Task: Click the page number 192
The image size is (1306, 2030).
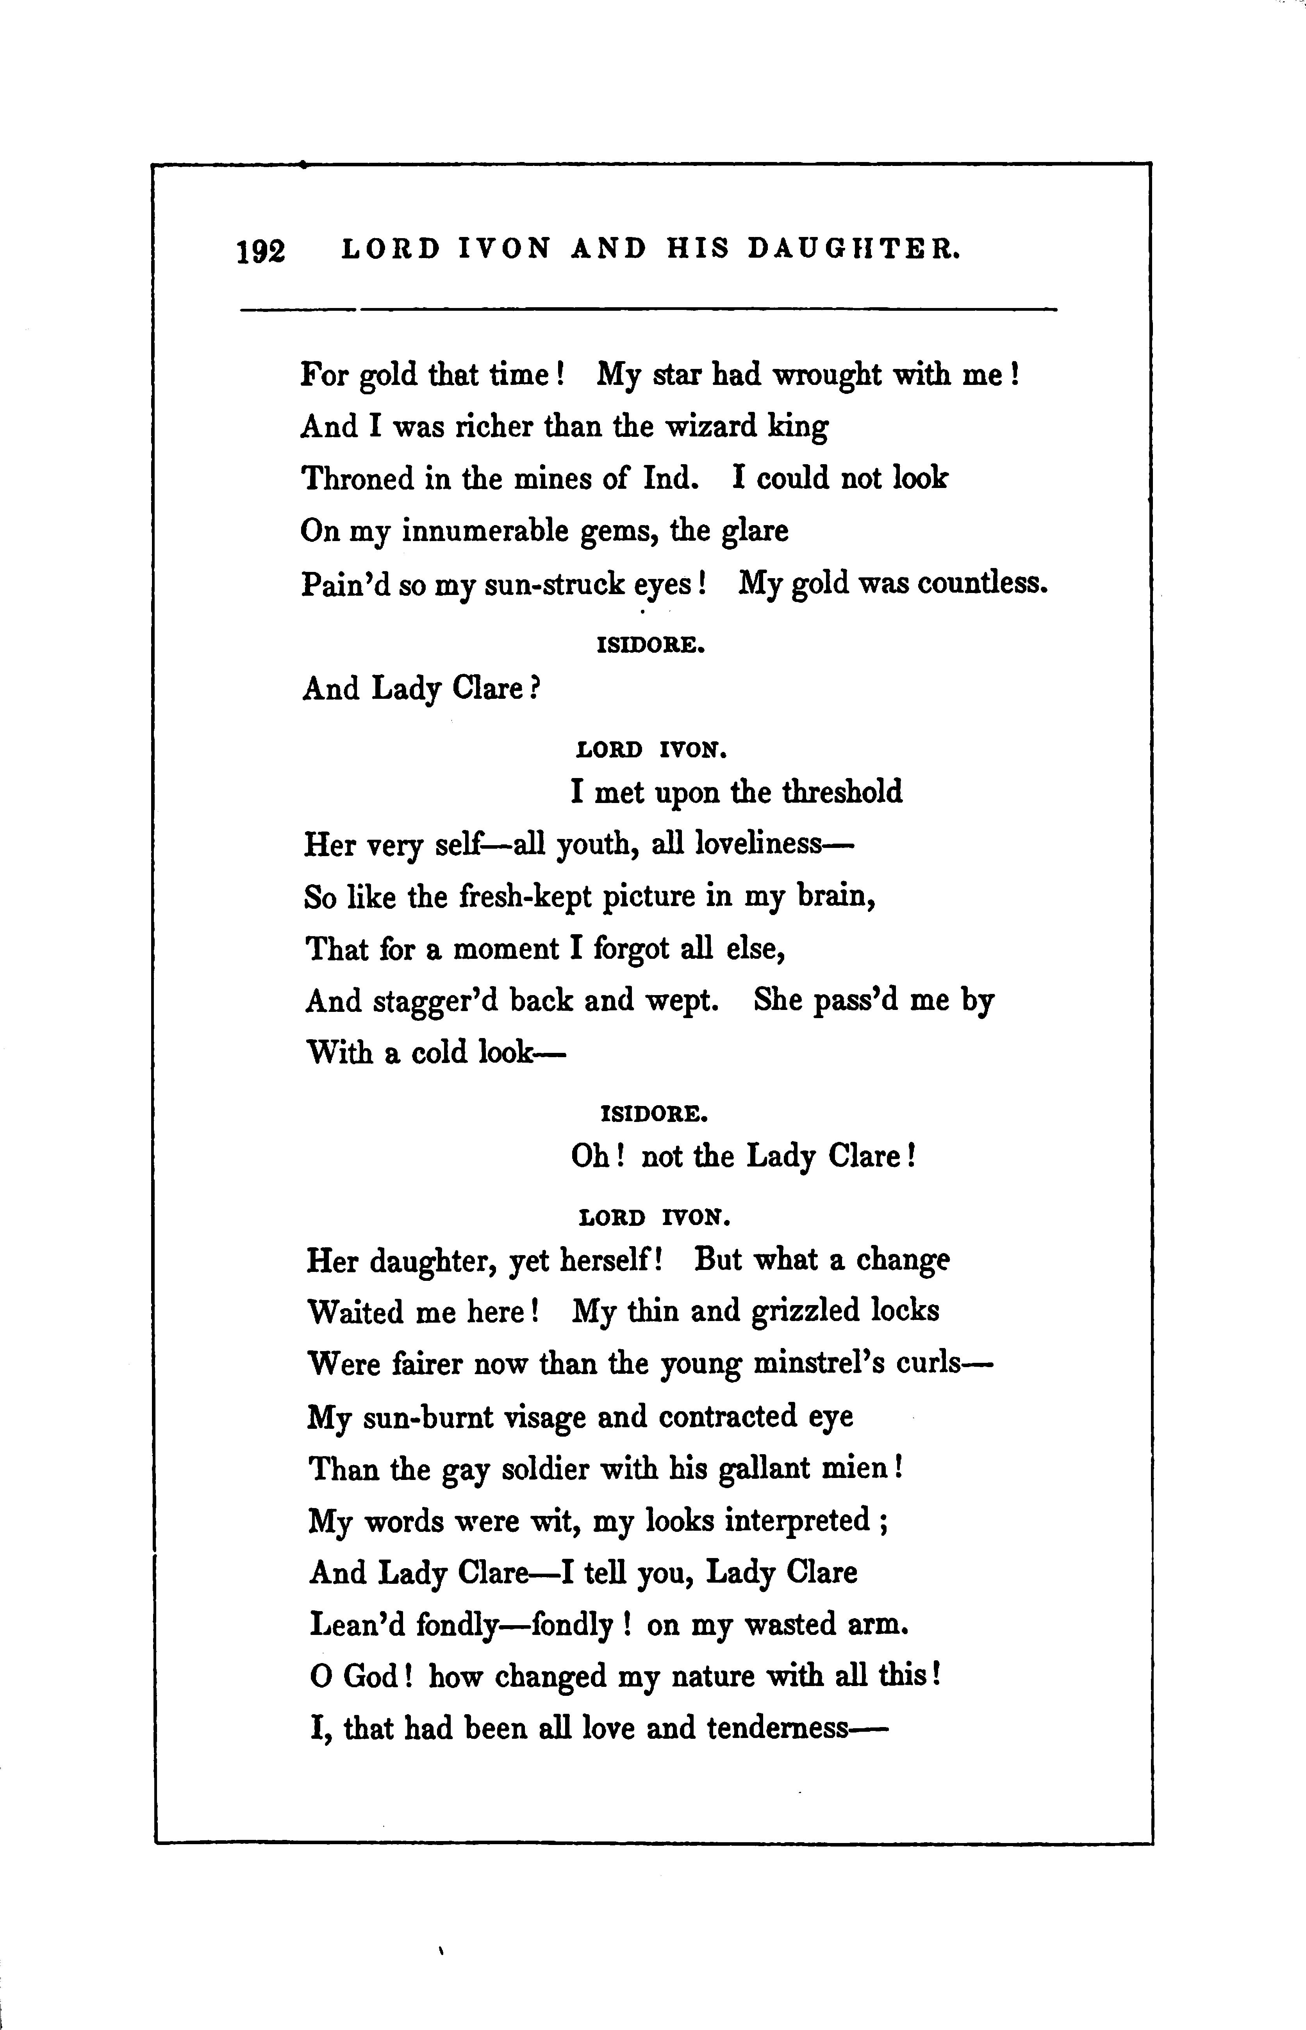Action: [261, 252]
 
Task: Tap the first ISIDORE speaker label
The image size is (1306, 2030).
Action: [651, 645]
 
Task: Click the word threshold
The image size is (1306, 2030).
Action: [842, 792]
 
